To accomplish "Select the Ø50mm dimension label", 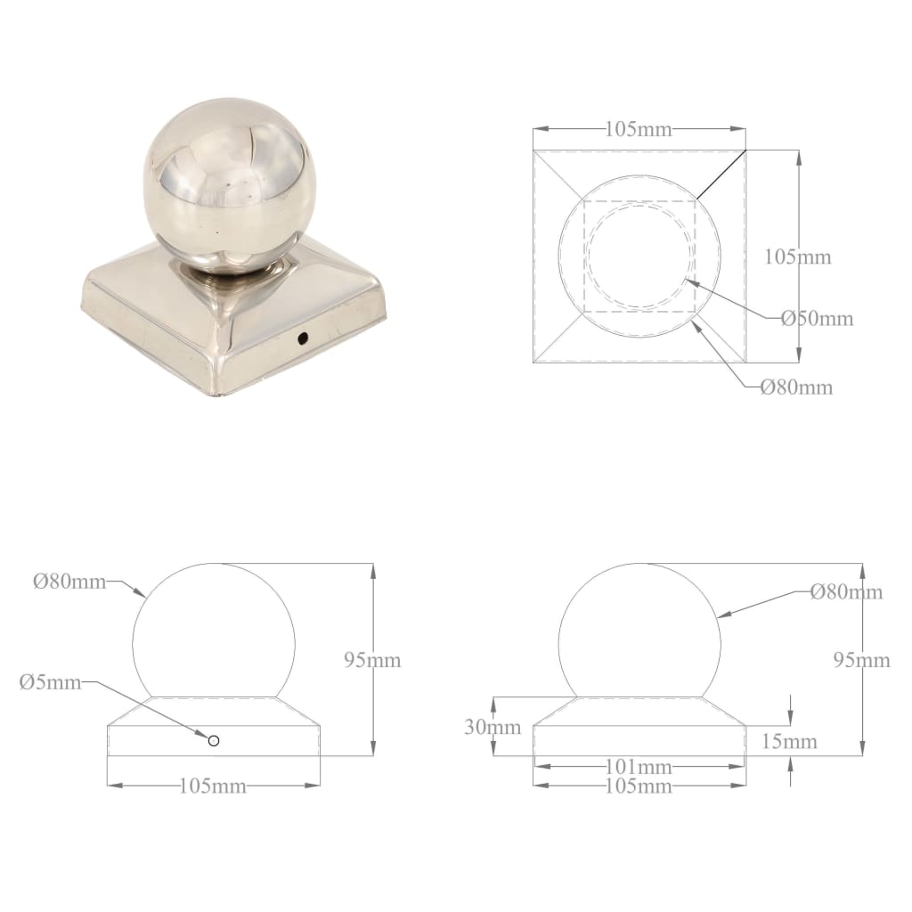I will point(817,318).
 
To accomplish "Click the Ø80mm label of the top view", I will point(796,387).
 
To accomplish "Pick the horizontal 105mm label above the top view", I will point(639,129).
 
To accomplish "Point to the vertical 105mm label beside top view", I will point(798,257).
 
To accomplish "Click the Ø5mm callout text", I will point(50,682).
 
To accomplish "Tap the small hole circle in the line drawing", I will point(214,740).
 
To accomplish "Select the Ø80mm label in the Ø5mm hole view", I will point(69,582).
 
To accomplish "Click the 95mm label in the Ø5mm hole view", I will point(372,660).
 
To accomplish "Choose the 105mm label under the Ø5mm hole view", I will point(213,786).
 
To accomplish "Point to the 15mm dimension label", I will point(789,741).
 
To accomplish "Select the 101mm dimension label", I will point(639,767).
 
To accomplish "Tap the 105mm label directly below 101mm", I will point(639,786).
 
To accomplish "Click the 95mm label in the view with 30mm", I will point(861,660).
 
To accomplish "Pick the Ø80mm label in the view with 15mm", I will point(846,592).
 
